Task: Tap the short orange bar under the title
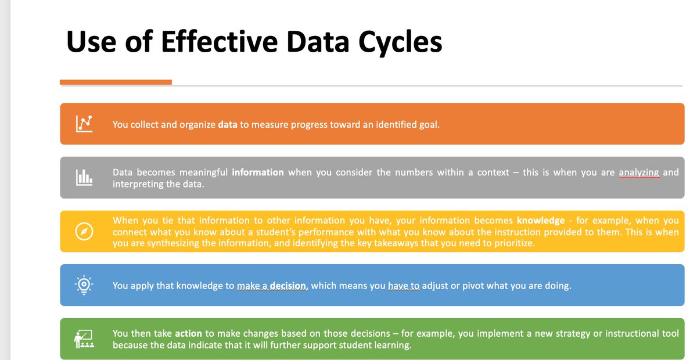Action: (x=116, y=82)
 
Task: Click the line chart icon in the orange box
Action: (x=84, y=124)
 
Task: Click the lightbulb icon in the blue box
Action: (x=84, y=285)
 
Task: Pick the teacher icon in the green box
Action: (x=84, y=339)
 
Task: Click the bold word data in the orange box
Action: (x=227, y=124)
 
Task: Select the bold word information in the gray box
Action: (x=257, y=172)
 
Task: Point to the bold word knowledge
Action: (x=540, y=221)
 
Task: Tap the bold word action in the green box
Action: (x=188, y=333)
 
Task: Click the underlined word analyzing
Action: (x=639, y=172)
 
